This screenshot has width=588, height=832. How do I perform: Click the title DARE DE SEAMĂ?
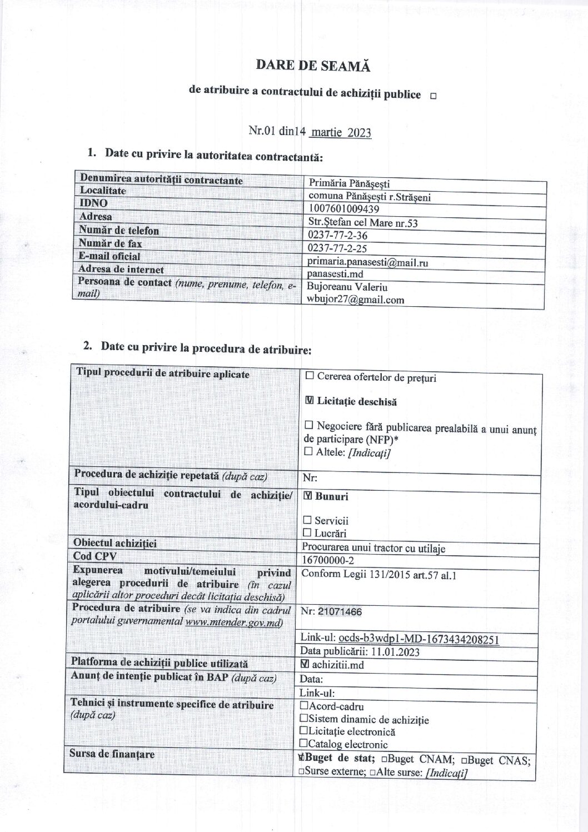coord(313,66)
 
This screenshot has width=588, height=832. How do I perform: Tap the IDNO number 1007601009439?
coord(343,209)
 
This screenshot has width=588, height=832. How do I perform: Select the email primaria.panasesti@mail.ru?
coord(367,262)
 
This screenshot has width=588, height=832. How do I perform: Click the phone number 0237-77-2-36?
coord(337,236)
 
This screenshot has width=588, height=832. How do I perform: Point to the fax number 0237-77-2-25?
coord(337,248)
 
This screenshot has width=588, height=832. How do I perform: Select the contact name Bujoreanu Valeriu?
coord(347,287)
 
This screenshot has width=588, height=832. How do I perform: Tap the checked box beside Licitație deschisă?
coord(310,401)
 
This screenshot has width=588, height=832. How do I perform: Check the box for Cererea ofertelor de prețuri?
coord(310,376)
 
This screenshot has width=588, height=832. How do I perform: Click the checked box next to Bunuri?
coord(308,496)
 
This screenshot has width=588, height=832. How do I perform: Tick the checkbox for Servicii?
coord(307,520)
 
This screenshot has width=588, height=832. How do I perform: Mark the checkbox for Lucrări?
coord(307,533)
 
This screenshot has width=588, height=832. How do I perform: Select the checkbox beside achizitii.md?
coord(305,664)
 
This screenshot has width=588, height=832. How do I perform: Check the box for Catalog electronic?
coord(303,743)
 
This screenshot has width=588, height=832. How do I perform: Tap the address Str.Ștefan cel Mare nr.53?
coord(363,223)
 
